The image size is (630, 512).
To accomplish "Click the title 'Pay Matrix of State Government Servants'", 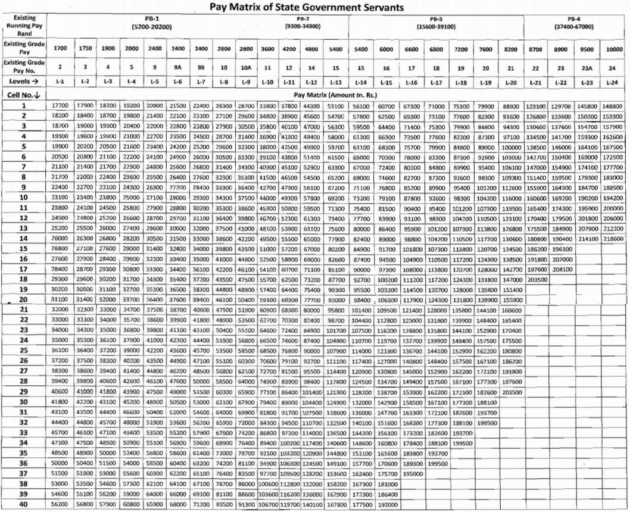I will (315, 7).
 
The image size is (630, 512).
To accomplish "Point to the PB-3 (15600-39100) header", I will (436, 23).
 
